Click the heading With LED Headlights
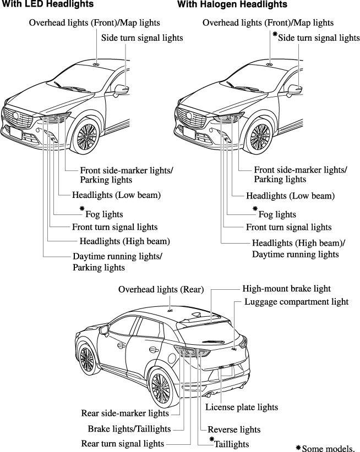pos(47,4)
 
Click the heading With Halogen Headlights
pos(232,4)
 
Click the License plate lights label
pos(242,407)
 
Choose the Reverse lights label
pos(234,429)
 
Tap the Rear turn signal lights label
pos(122,443)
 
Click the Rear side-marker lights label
pos(125,413)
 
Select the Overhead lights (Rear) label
pos(161,289)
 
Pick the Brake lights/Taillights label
pos(129,428)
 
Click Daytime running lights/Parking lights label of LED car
pos(117,262)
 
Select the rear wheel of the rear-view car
pos(163,390)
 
